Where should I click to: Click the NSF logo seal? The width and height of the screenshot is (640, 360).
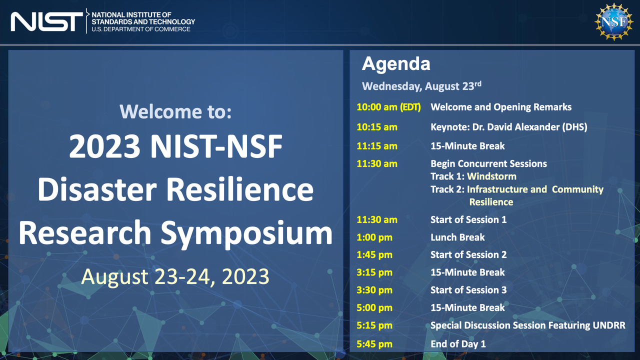pos(613,22)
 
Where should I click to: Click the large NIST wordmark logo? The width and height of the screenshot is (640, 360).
pos(47,21)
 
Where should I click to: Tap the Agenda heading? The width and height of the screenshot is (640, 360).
pos(396,63)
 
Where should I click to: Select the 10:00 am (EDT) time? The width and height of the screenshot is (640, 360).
pos(388,107)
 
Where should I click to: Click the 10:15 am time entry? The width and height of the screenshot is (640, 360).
pos(377,127)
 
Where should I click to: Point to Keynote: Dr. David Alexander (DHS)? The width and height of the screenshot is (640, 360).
pos(509,127)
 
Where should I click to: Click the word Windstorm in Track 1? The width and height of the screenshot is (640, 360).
pos(491,176)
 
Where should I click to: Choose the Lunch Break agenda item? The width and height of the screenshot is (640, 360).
pos(457,237)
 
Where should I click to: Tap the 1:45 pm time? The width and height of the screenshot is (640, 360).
pos(374,254)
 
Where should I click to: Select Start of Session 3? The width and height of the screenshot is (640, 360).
pos(468,290)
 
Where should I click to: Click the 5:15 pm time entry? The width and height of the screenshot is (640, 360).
pos(374,325)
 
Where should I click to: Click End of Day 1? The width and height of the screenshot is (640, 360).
pos(458,344)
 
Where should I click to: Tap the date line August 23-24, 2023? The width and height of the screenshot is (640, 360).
pos(175,276)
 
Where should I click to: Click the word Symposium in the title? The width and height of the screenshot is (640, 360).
pos(246,233)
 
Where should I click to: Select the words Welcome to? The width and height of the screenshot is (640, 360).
pos(175,111)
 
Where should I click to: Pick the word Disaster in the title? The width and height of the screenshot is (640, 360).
pos(97,189)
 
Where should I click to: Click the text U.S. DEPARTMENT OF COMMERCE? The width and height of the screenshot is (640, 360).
pos(141,29)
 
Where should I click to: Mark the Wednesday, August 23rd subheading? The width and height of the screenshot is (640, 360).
pos(421,86)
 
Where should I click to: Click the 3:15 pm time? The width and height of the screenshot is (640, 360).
pos(374,272)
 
